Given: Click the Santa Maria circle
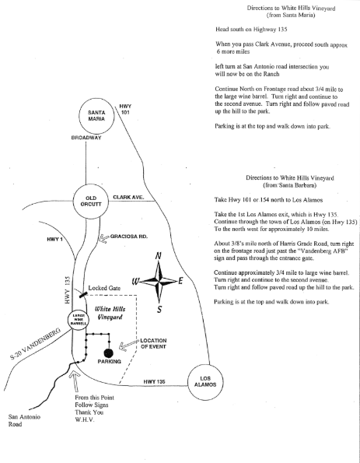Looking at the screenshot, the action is coord(96,98).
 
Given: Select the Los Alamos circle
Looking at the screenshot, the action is coord(205,365).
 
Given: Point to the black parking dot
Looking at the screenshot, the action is coord(109,353).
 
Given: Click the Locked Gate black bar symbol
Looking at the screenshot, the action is coord(83,294).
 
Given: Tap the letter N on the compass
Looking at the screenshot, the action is coord(159,256).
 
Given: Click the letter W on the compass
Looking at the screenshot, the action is coord(135,282).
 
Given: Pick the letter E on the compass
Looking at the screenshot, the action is coord(180,281).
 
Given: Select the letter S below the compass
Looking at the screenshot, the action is coord(159,309).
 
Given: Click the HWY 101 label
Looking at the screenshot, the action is coord(125,109).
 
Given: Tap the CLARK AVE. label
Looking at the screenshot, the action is coord(128,197).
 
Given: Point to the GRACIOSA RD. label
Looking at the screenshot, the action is coord(129,237).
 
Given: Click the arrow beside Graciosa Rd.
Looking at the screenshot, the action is coord(104,238).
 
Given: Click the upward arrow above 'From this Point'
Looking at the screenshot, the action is coord(75,381).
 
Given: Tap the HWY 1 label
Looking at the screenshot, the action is coord(54,239).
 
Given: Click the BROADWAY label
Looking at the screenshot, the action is coord(86,138).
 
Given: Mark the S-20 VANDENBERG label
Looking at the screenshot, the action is coord(36,344).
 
